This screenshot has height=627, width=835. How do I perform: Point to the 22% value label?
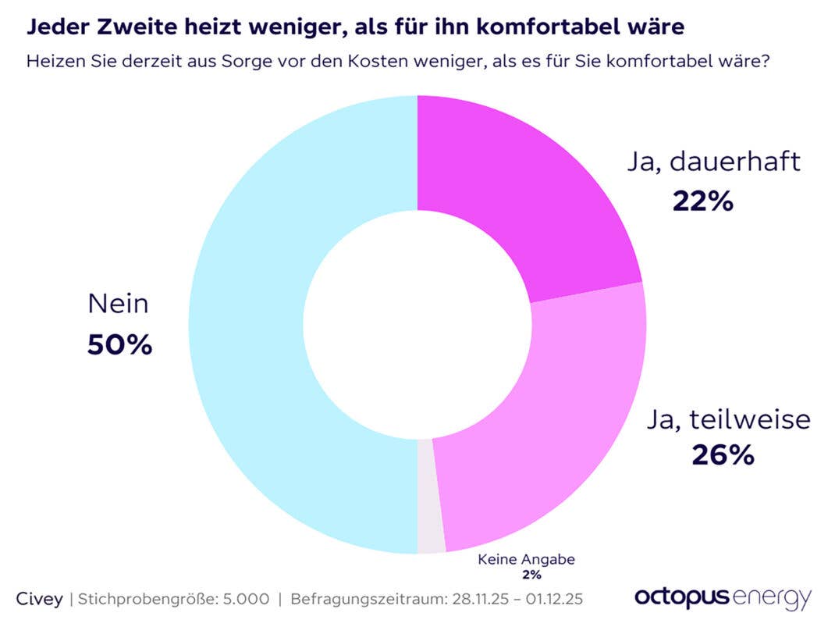tap(702, 201)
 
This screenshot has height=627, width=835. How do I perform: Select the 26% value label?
tap(723, 454)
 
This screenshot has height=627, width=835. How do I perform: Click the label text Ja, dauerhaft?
tap(712, 162)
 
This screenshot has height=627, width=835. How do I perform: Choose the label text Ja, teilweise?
tap(727, 419)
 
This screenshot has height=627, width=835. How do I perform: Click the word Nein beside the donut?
tap(118, 303)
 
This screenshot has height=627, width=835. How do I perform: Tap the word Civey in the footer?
tap(40, 599)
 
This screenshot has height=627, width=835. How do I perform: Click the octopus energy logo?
tap(722, 597)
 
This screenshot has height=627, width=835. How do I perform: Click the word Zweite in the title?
tap(128, 27)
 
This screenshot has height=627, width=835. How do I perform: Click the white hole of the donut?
tap(417, 324)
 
